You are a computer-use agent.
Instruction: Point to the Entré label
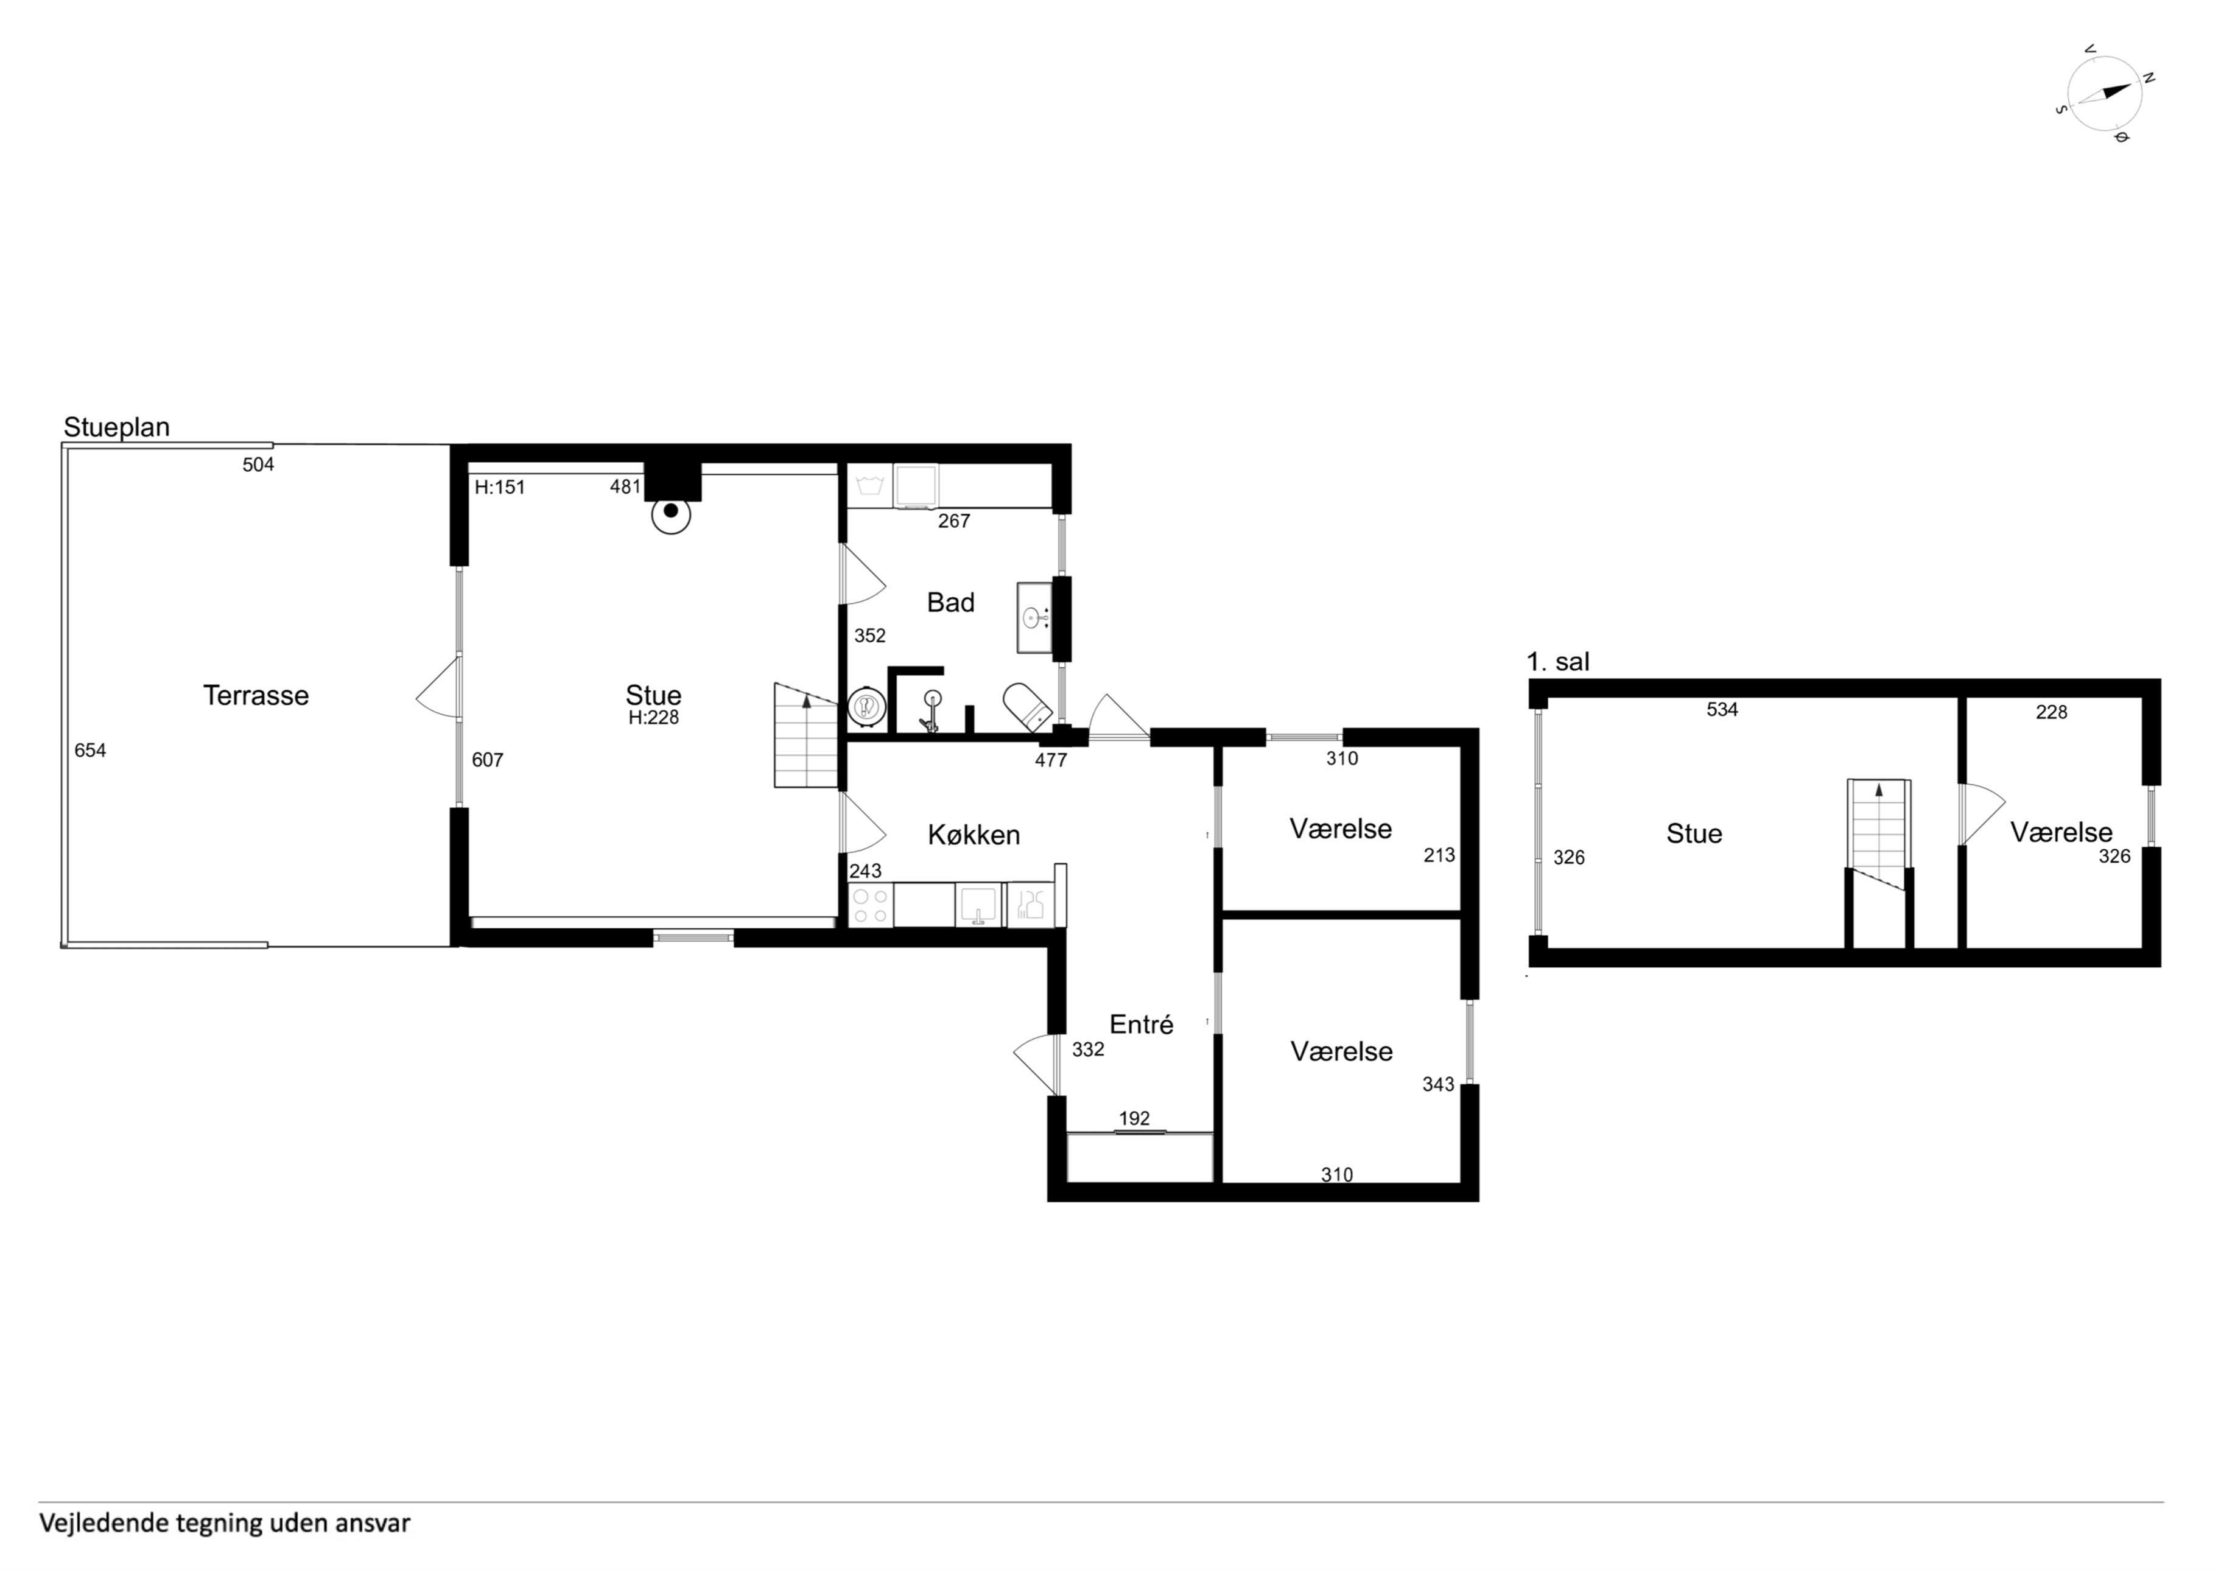[x=1142, y=1025]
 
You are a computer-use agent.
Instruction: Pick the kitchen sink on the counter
[x=980, y=905]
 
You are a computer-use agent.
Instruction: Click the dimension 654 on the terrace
[x=90, y=751]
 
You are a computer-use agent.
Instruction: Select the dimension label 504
[x=258, y=465]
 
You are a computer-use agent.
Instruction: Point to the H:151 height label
[x=499, y=488]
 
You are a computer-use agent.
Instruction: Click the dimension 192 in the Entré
[x=1135, y=1120]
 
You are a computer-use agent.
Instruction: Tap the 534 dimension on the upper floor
[x=1722, y=710]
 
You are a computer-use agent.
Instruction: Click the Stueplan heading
[x=116, y=427]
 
